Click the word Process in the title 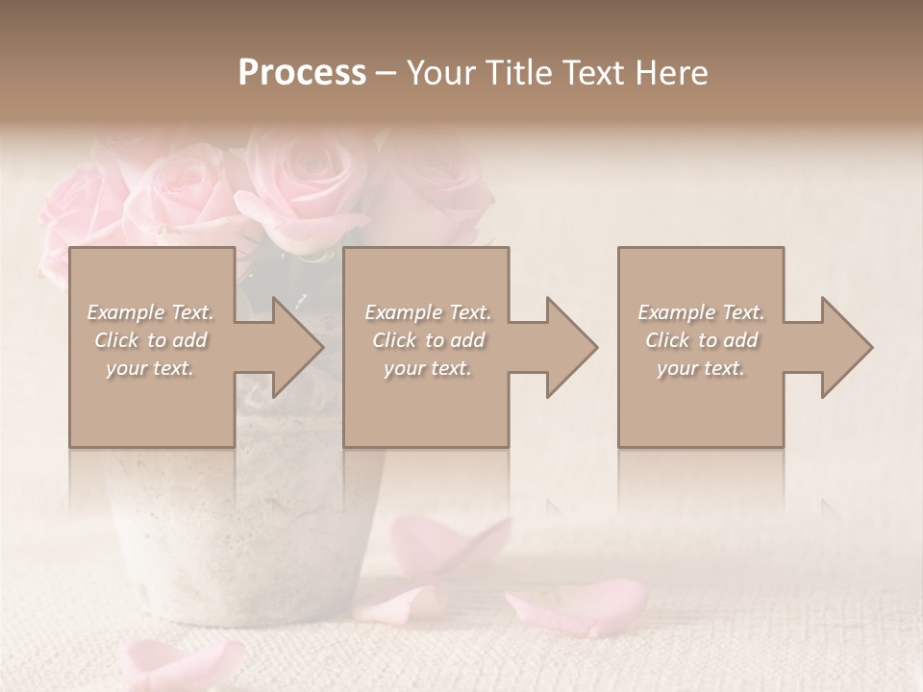point(302,73)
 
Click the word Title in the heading point(515,73)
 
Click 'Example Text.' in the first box point(151,312)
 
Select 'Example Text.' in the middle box point(428,312)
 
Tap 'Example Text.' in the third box point(701,312)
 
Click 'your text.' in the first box point(151,368)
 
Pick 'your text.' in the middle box point(428,368)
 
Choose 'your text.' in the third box point(701,368)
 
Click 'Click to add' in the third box point(701,340)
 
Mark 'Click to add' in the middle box point(428,340)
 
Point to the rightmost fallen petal point(577,605)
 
